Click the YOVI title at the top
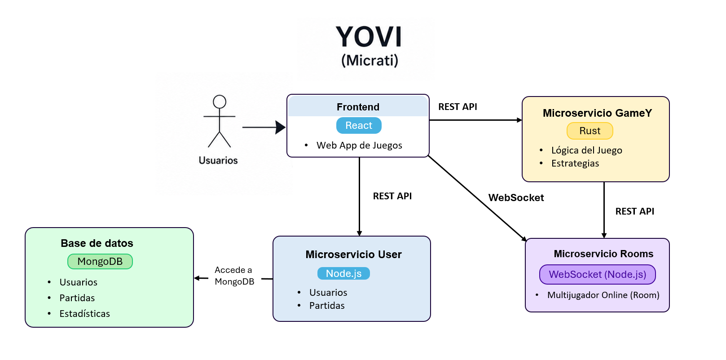369,37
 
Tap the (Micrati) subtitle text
370,60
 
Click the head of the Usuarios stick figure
220,101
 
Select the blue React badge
359,126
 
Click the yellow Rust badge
590,131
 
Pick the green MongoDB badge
100,262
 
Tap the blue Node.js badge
343,273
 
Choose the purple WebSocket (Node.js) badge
597,274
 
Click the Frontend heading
358,107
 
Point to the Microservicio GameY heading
597,113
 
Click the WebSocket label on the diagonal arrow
516,198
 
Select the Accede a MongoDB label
234,276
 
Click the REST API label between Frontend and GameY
458,107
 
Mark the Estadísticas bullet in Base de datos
84,314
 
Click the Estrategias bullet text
575,163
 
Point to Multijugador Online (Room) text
603,295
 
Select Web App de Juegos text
359,145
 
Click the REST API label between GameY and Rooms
634,211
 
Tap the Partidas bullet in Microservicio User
327,306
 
